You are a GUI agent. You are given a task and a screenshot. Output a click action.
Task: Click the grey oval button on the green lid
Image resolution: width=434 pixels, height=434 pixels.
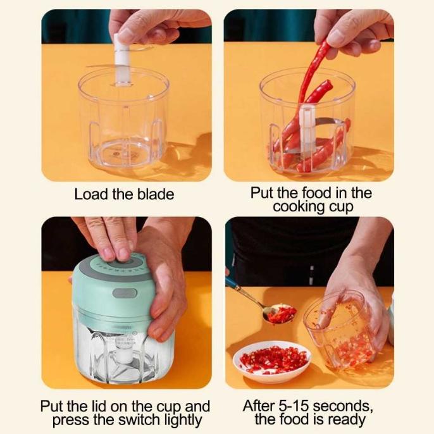(124, 294)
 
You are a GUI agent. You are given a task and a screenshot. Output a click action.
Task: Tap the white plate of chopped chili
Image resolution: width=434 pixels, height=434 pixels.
(271, 361)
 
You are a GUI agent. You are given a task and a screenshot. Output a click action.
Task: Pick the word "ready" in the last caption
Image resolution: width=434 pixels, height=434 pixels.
(346, 419)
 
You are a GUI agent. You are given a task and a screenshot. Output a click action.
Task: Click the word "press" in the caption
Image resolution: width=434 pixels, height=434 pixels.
(73, 419)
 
